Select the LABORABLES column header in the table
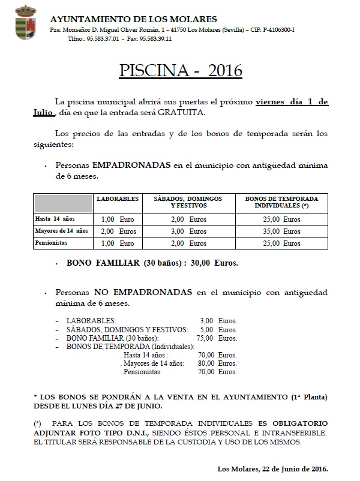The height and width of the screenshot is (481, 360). tap(118, 199)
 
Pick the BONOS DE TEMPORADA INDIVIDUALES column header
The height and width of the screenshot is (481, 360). tap(281, 202)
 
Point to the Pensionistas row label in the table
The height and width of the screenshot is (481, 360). tap(51, 243)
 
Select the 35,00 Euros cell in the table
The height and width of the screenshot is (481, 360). tap(281, 232)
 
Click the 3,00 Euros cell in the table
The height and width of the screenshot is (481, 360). tap(189, 232)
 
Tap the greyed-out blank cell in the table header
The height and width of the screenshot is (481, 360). tap(63, 203)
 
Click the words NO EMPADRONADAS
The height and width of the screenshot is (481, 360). tap(143, 293)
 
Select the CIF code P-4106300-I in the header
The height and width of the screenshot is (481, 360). tap(274, 29)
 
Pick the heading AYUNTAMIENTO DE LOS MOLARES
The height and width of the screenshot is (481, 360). tap(134, 19)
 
